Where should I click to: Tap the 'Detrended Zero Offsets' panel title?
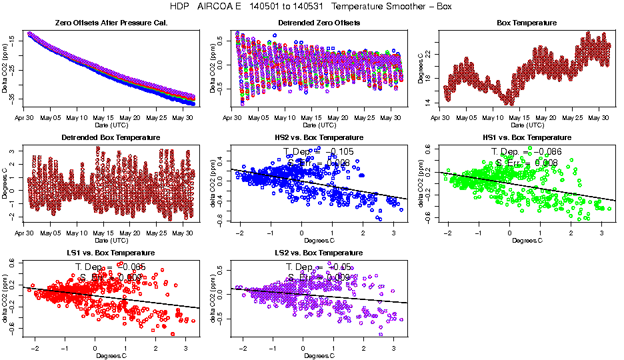(x=309, y=23)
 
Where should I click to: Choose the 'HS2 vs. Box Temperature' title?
(x=309, y=138)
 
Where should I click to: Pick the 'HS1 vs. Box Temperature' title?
(x=526, y=138)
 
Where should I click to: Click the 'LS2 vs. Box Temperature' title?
(x=309, y=253)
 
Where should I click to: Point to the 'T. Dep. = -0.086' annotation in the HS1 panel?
(x=527, y=152)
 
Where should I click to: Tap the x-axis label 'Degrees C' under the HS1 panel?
(x=527, y=240)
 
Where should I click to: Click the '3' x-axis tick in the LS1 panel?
(x=185, y=349)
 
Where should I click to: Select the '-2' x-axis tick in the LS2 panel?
(x=244, y=349)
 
